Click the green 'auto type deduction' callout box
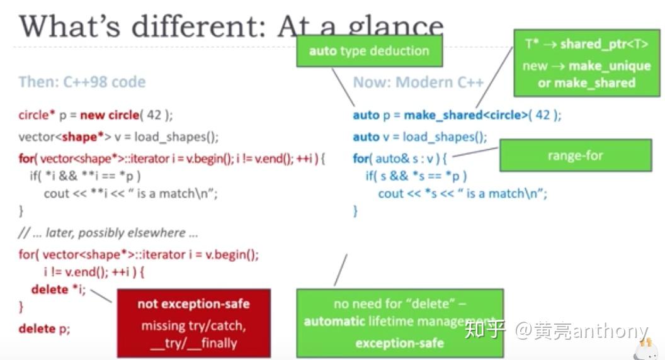[x=369, y=50]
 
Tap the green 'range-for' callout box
[x=575, y=155]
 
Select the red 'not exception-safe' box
[x=193, y=323]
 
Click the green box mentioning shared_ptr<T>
[x=586, y=63]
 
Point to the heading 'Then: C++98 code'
[x=82, y=82]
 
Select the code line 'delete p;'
[x=44, y=328]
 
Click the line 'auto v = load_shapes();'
[x=420, y=137]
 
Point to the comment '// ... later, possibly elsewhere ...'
[x=108, y=233]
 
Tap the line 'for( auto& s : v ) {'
[x=400, y=159]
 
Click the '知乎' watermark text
[x=484, y=330]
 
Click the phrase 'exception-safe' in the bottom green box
[x=399, y=343]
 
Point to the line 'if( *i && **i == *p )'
[x=85, y=176]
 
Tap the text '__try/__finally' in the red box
[x=193, y=343]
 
